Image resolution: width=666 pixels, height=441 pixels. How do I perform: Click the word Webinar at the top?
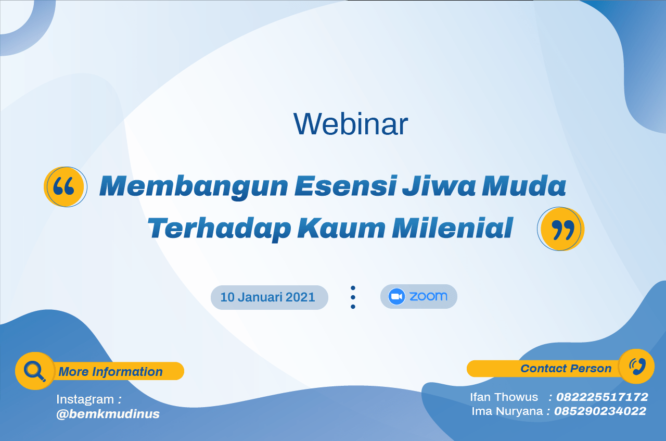pyautogui.click(x=351, y=124)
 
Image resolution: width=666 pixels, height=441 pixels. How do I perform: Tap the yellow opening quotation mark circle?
pyautogui.click(x=65, y=186)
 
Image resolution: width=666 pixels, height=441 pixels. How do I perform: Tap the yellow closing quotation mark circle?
pyautogui.click(x=561, y=229)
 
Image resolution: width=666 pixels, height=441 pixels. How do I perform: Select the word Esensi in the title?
pyautogui.click(x=346, y=186)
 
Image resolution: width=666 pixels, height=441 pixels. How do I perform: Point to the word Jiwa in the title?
pyautogui.click(x=439, y=186)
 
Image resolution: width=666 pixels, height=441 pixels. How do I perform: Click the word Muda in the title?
pyautogui.click(x=524, y=186)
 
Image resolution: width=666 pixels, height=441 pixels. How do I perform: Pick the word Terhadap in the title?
pyautogui.click(x=219, y=229)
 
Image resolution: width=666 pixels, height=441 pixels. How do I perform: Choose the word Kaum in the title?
pyautogui.click(x=341, y=228)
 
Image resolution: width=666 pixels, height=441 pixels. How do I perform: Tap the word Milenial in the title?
pyautogui.click(x=453, y=228)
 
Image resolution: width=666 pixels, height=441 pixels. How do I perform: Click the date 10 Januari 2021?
pyautogui.click(x=267, y=297)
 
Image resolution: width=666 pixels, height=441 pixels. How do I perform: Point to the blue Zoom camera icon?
pyautogui.click(x=396, y=296)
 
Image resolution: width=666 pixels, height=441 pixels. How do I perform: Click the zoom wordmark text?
pyautogui.click(x=428, y=296)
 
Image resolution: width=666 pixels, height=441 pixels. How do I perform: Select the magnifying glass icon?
pyautogui.click(x=35, y=371)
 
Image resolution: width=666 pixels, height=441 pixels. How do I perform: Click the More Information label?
pyautogui.click(x=111, y=372)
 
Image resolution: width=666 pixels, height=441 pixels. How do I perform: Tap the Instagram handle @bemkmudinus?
pyautogui.click(x=108, y=414)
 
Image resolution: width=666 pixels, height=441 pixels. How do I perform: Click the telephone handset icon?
pyautogui.click(x=637, y=367)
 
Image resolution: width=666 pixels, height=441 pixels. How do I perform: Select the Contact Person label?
pyautogui.click(x=566, y=369)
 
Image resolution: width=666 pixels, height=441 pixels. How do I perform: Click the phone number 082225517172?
pyautogui.click(x=602, y=397)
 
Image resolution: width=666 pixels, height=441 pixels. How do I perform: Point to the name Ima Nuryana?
pyautogui.click(x=507, y=411)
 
